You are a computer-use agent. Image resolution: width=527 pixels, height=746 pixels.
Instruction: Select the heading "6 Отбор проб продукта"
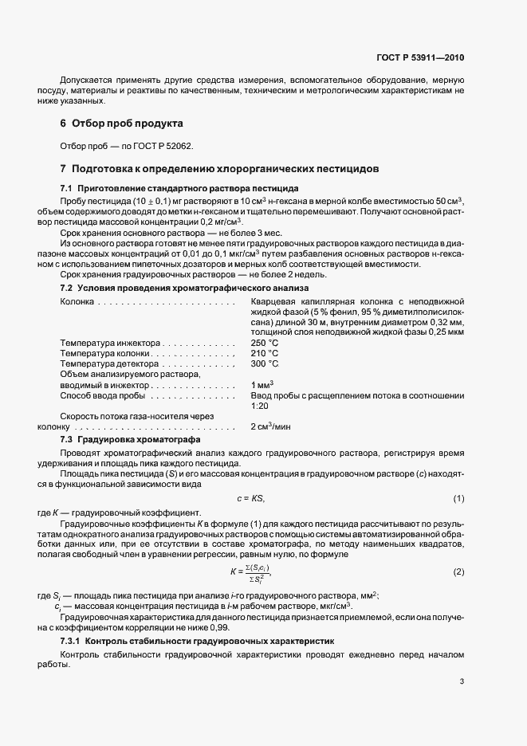121,124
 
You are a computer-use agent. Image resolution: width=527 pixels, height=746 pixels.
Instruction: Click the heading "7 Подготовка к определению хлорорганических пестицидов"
214,169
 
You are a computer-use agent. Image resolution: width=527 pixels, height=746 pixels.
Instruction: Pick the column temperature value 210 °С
264,353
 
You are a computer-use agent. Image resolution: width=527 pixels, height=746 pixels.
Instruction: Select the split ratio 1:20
259,406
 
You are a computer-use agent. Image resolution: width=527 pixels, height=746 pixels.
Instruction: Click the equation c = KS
250,498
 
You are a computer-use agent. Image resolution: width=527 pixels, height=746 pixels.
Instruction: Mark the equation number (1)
458,498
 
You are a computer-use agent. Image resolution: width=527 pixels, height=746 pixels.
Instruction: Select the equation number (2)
458,572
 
